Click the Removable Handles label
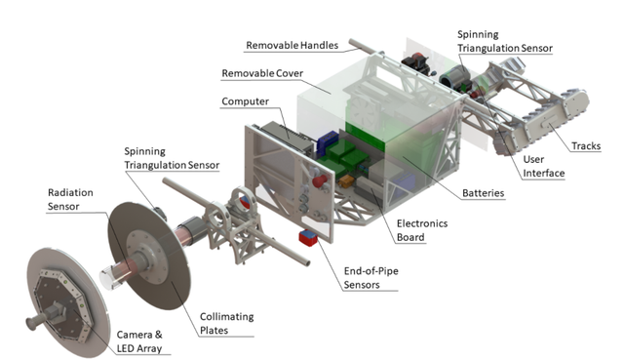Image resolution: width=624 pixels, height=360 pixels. [292, 46]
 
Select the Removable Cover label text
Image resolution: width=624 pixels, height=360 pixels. [262, 73]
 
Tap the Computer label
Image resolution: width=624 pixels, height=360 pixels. [245, 101]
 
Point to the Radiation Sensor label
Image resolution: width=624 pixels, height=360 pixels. [70, 200]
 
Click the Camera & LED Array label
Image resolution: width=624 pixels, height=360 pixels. [139, 341]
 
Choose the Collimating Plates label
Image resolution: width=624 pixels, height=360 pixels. [226, 323]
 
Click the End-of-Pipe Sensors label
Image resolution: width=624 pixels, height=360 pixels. [370, 278]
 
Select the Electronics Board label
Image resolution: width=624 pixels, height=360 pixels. [422, 230]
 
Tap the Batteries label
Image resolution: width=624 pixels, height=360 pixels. [484, 193]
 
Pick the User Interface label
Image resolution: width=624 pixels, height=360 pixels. [544, 166]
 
